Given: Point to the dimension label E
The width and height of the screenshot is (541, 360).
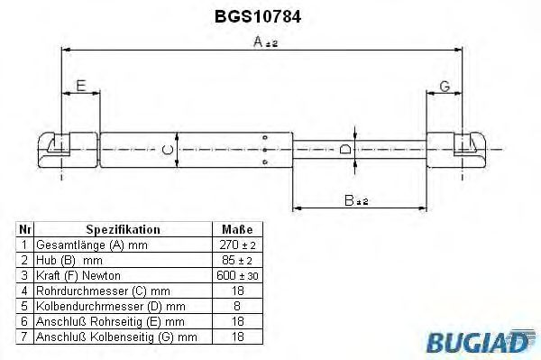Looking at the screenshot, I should (80, 87).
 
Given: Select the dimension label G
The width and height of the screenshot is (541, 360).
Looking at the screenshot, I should (444, 87).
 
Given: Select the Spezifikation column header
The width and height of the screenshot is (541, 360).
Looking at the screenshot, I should (122, 230).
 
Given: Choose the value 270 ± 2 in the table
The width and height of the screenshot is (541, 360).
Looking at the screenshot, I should (236, 245).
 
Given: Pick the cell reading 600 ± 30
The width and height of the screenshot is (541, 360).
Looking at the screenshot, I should (236, 274).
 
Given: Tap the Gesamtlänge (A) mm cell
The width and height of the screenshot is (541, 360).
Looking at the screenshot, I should (90, 245).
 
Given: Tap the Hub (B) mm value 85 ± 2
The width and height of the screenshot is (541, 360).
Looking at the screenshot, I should (236, 260).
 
